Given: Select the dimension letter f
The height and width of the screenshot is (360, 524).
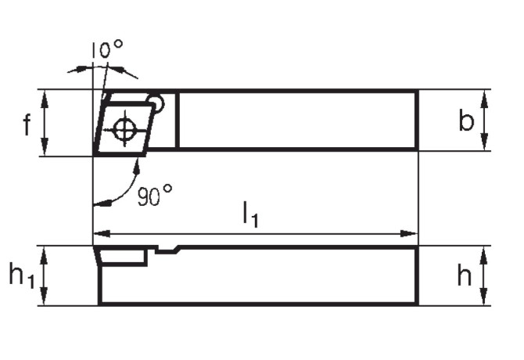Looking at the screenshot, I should pyautogui.click(x=27, y=124).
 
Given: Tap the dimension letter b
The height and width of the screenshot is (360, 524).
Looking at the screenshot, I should pyautogui.click(x=466, y=121).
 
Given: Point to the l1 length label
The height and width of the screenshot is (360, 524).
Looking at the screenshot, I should pyautogui.click(x=250, y=214).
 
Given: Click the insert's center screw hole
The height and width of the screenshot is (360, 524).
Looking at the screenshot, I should pyautogui.click(x=124, y=128).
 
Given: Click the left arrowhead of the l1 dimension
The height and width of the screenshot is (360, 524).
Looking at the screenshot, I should pyautogui.click(x=99, y=233).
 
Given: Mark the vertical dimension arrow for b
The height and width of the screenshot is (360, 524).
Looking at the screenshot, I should pyautogui.click(x=486, y=121).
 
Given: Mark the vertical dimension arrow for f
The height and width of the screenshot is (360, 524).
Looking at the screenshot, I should pyautogui.click(x=45, y=123).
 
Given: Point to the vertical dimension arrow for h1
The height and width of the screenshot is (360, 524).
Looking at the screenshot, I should pyautogui.click(x=45, y=275).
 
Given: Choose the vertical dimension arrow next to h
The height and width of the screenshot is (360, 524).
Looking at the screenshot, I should pyautogui.click(x=486, y=275).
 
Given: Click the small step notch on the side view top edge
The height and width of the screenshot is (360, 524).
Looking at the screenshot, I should pyautogui.click(x=167, y=250).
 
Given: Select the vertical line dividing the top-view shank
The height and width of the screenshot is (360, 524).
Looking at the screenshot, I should pyautogui.click(x=177, y=120).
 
